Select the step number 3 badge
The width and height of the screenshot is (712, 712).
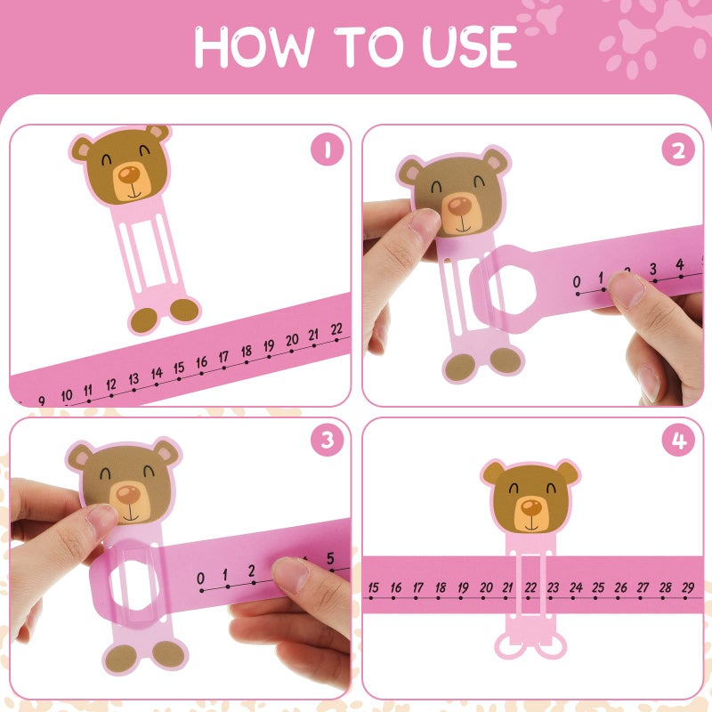click(x=327, y=441)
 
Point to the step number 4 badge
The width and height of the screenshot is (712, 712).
click(x=678, y=441)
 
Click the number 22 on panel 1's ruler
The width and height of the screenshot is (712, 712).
click(x=336, y=328)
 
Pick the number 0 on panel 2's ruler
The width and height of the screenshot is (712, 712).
click(x=576, y=282)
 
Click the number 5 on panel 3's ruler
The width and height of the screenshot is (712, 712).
click(x=329, y=558)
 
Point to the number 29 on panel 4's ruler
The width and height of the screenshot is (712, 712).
click(x=688, y=587)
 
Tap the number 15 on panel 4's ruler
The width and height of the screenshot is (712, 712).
click(x=373, y=587)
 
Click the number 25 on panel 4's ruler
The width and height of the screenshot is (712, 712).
click(x=598, y=587)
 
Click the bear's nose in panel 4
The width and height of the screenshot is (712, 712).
click(x=530, y=507)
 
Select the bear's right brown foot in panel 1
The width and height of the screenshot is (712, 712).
click(x=184, y=310)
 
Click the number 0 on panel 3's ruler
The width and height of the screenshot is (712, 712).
click(x=201, y=575)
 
